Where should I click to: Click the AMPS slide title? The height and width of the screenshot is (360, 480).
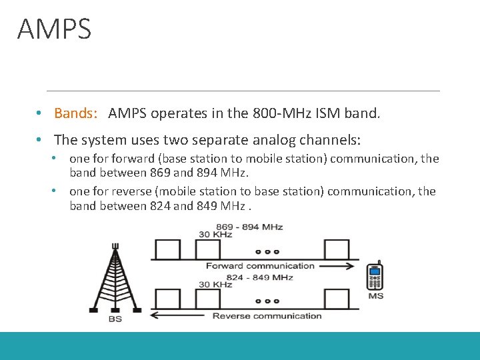coord(54,30)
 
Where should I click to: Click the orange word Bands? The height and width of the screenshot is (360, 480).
coord(76,113)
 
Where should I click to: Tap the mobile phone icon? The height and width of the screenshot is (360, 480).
coord(375,277)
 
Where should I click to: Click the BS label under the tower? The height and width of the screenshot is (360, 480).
coord(115,319)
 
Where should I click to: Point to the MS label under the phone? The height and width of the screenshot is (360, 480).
coord(376,295)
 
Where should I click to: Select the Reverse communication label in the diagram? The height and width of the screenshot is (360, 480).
coord(267,316)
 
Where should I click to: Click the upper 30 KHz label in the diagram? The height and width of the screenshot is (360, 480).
coord(215,235)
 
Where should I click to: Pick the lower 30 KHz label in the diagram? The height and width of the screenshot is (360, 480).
coord(215,285)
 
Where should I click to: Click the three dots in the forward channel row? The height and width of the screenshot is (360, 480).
coord(267,253)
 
